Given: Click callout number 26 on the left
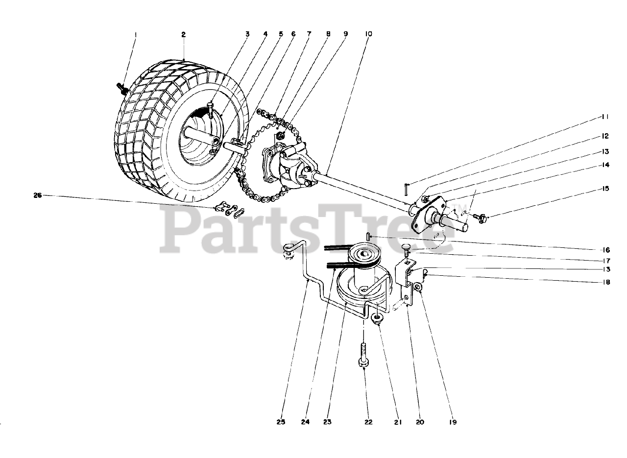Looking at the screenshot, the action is pos(37,195).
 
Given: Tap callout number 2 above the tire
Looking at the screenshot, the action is pos(183,35).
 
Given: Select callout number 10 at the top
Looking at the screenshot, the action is pos(368,34).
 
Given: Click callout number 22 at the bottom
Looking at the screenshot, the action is pos(368,422).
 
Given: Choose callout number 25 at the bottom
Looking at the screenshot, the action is pos(281,422).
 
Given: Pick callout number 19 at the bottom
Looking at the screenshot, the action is pos(453,422).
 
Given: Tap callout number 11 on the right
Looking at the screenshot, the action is pos(606,118).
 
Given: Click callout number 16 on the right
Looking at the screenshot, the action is pos(606,248).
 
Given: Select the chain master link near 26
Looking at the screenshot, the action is pos(230,210).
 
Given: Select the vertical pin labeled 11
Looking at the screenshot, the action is pos(406,188).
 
